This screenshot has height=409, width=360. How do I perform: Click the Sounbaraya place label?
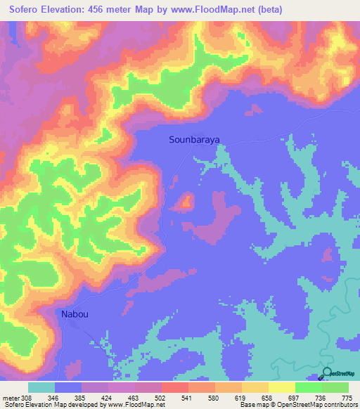click(195, 140)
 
